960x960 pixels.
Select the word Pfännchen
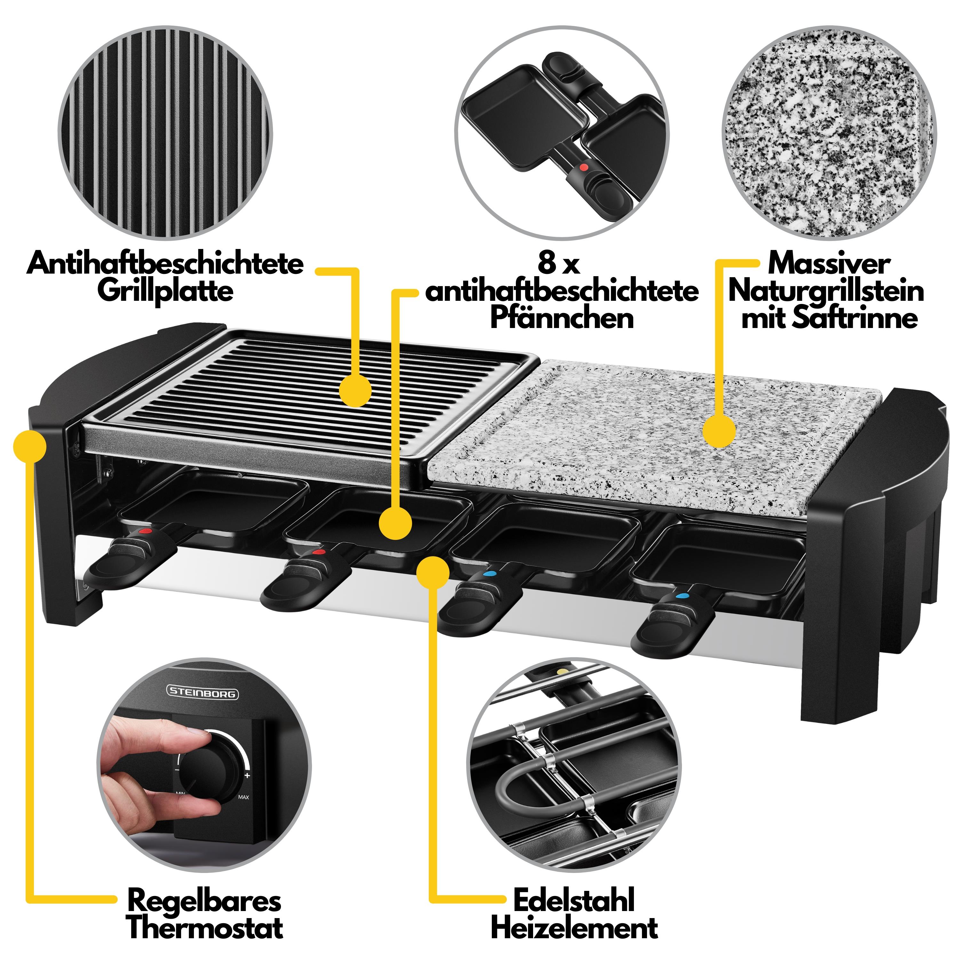click(x=562, y=318)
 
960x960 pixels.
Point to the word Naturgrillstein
click(x=826, y=291)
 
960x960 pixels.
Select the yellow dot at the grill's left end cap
click(x=30, y=445)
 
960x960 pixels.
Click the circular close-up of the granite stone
click(x=828, y=133)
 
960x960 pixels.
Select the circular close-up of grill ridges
click(x=165, y=133)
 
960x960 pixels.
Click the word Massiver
click(x=828, y=263)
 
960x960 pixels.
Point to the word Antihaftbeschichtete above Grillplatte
click(x=165, y=263)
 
